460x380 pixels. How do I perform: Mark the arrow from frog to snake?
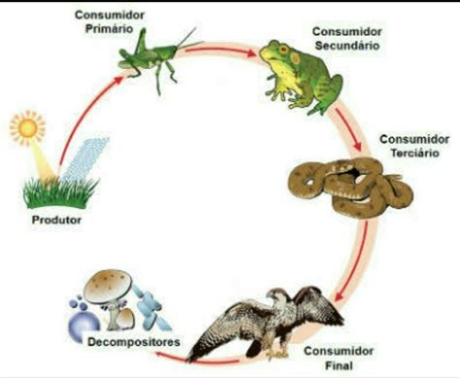[354, 131]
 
